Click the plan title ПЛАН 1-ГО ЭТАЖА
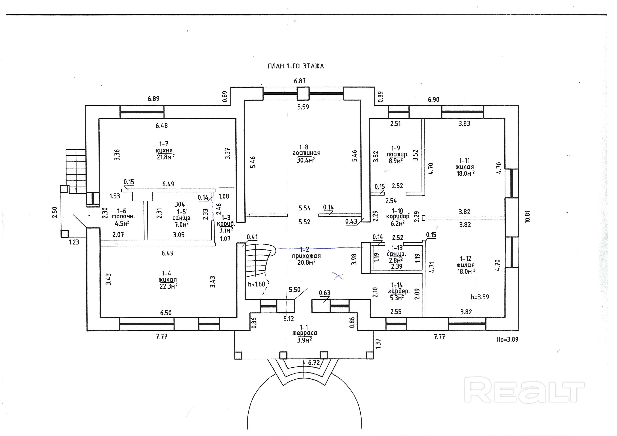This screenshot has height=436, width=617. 296,66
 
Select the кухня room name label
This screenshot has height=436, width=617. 164,151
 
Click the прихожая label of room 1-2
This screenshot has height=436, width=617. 306,256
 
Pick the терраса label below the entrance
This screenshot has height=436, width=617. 305,333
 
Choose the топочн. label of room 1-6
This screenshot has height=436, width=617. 123,217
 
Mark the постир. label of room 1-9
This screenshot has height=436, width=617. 397,154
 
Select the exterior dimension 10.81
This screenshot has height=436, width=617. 527,216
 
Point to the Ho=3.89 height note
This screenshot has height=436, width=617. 507,339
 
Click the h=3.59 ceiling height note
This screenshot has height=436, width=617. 480,297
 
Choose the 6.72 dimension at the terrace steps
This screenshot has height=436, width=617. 314,363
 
